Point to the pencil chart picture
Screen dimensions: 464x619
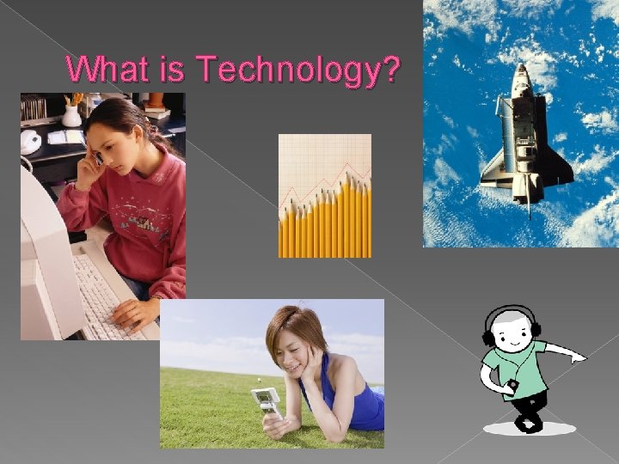coord(324,196)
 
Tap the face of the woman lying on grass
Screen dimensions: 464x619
coord(291,348)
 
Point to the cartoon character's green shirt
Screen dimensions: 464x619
coord(511,365)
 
